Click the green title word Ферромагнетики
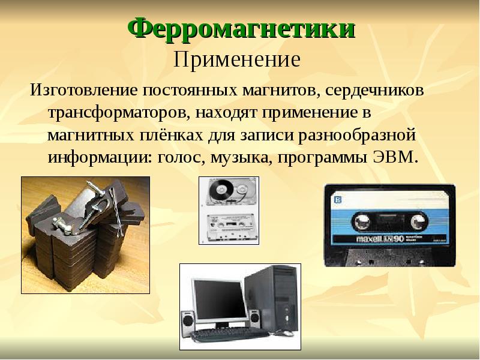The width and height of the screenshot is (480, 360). coord(241,28)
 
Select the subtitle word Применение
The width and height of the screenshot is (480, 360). coord(237,59)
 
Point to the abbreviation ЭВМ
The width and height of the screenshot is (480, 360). coord(395,157)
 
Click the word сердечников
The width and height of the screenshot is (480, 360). coord(374,91)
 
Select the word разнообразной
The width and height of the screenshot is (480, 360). coord(357,135)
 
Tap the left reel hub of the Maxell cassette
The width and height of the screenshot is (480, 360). coord(361,221)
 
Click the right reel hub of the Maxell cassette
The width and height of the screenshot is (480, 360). coord(418,221)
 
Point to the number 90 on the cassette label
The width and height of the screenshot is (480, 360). coord(398,239)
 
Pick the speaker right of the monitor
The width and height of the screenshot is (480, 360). coord(254,318)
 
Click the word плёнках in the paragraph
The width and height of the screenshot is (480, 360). coord(172,136)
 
